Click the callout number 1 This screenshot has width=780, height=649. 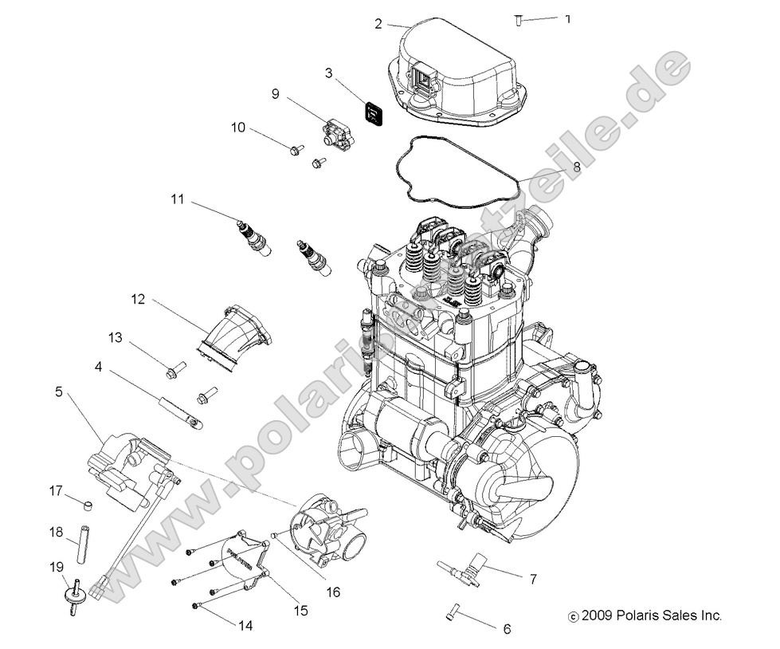pyautogui.click(x=567, y=18)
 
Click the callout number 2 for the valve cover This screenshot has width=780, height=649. pyautogui.click(x=378, y=23)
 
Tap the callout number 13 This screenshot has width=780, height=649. pyautogui.click(x=116, y=338)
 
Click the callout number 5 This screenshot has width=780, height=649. pyautogui.click(x=58, y=391)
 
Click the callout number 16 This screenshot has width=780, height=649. pyautogui.click(x=332, y=592)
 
